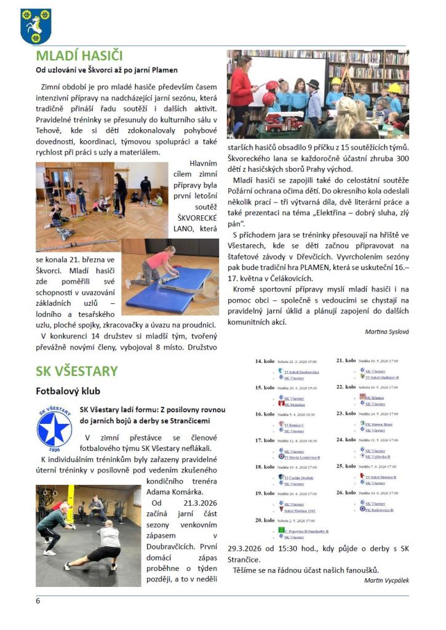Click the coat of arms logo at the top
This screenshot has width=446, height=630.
tap(36, 26)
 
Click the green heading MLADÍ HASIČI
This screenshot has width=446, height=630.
tap(79, 57)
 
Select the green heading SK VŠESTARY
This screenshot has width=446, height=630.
tap(76, 371)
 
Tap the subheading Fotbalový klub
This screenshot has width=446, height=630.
tap(68, 391)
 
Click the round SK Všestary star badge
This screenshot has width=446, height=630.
tap(54, 428)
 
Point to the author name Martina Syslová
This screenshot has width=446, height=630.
tap(386, 331)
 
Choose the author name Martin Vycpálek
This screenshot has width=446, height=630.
tap(386, 580)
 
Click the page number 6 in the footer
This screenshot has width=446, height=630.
tap(38, 600)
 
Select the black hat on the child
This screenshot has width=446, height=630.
tap(313, 84)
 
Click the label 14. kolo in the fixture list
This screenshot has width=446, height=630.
tap(265, 361)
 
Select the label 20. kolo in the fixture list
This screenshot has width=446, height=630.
tap(265, 520)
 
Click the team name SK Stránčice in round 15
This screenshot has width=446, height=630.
tap(294, 405)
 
